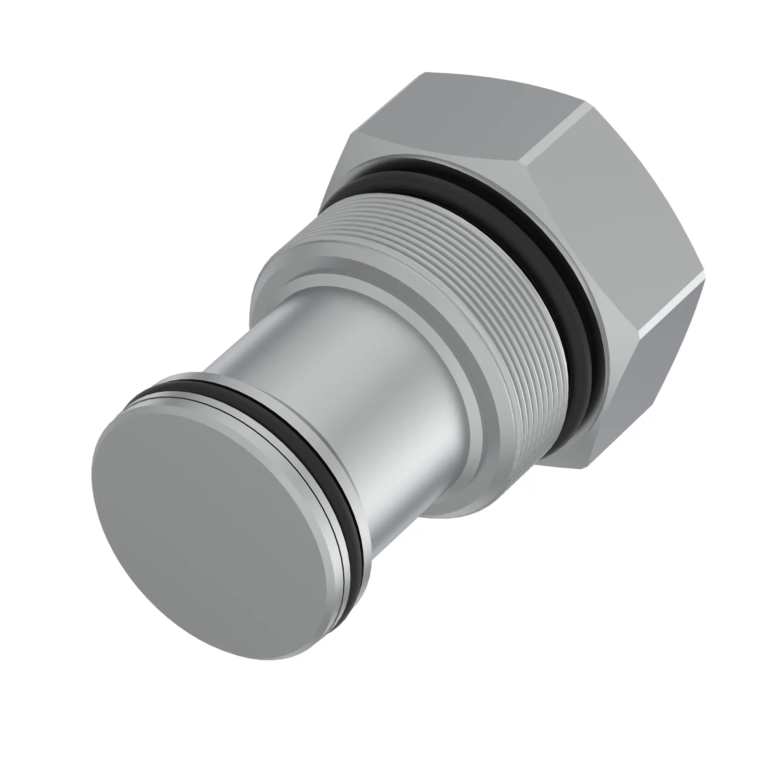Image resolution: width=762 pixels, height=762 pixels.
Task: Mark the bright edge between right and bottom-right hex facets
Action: point(671,304)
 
